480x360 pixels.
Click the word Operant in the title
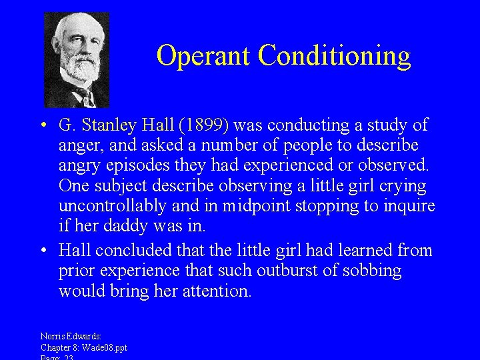(204, 55)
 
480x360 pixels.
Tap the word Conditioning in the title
(335, 57)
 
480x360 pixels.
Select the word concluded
(131, 251)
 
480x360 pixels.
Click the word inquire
(409, 206)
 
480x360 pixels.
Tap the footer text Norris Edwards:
(71, 337)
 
